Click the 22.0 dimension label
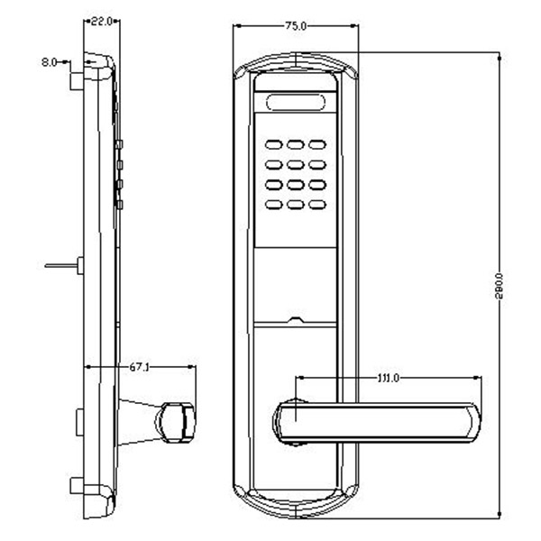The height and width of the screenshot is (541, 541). coord(100,21)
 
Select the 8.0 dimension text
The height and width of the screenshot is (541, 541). coord(49,62)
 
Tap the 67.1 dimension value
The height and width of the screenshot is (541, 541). coord(139,367)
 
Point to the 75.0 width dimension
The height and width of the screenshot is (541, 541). coord(295,27)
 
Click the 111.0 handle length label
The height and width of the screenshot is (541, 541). coord(388,377)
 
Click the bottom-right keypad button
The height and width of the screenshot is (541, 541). coord(316,204)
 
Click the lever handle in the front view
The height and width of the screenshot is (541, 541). coord(379,419)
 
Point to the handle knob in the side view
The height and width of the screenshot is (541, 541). coord(176,419)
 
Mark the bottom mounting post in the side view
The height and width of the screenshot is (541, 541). coord(73,490)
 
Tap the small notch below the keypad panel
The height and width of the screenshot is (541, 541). coord(296,319)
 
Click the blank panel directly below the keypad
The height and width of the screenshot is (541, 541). coord(296,284)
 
